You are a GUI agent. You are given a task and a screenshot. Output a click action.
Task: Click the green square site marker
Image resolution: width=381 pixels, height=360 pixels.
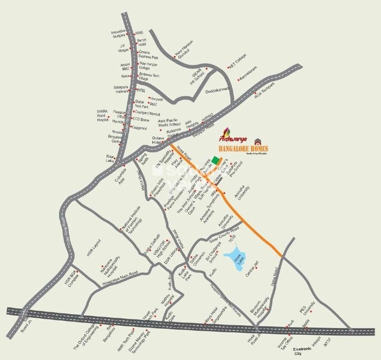tap(215, 160)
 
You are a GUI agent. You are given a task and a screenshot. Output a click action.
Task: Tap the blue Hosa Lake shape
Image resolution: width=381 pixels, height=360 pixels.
tap(236, 259)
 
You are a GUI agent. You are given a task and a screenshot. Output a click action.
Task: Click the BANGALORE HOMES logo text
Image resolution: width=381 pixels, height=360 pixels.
tap(243, 148)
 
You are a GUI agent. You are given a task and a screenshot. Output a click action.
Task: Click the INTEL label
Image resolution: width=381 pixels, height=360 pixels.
tap(133, 91)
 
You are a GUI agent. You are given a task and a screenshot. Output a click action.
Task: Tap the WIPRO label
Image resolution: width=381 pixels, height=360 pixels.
tap(206, 118)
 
